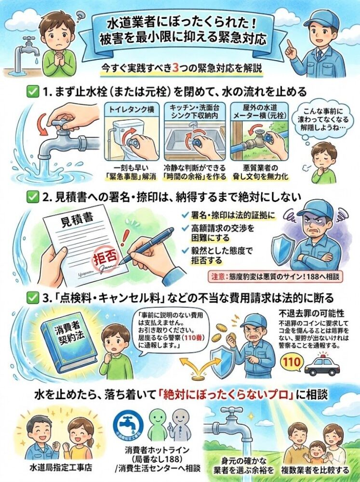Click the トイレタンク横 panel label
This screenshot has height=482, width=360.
(x=131, y=109)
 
